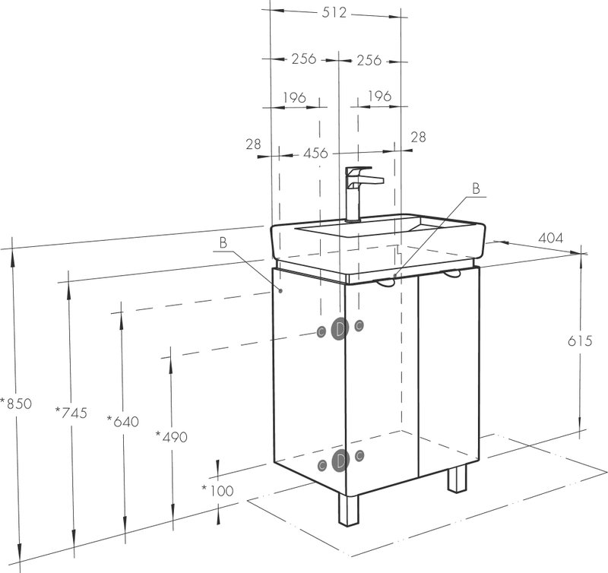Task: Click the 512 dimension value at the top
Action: coord(334,12)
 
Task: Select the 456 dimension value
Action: coord(315,154)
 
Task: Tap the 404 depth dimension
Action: coord(550,238)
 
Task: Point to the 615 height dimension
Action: coord(580,340)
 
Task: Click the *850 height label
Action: coord(16,404)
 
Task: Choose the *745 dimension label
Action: coord(71,413)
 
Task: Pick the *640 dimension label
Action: coord(123,421)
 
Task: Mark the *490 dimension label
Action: coord(172,437)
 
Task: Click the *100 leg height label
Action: coord(217,490)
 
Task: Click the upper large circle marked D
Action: coord(340,329)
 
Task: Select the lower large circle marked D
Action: coord(340,461)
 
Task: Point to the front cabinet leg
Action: coord(349,509)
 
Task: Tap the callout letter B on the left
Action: coord(223,243)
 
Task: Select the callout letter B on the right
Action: coord(476,188)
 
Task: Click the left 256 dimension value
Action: coord(304,59)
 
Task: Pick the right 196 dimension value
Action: coord(379,96)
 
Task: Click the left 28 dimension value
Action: coord(253,144)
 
